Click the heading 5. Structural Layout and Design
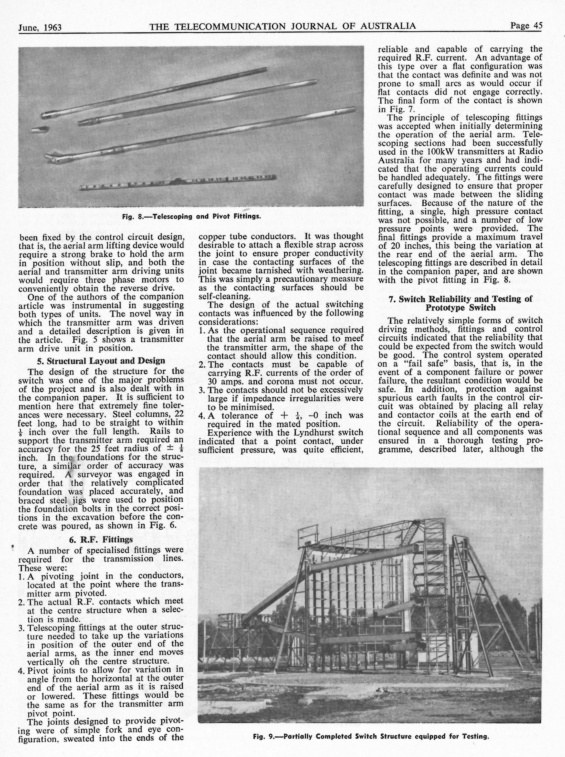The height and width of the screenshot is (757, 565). (101, 361)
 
